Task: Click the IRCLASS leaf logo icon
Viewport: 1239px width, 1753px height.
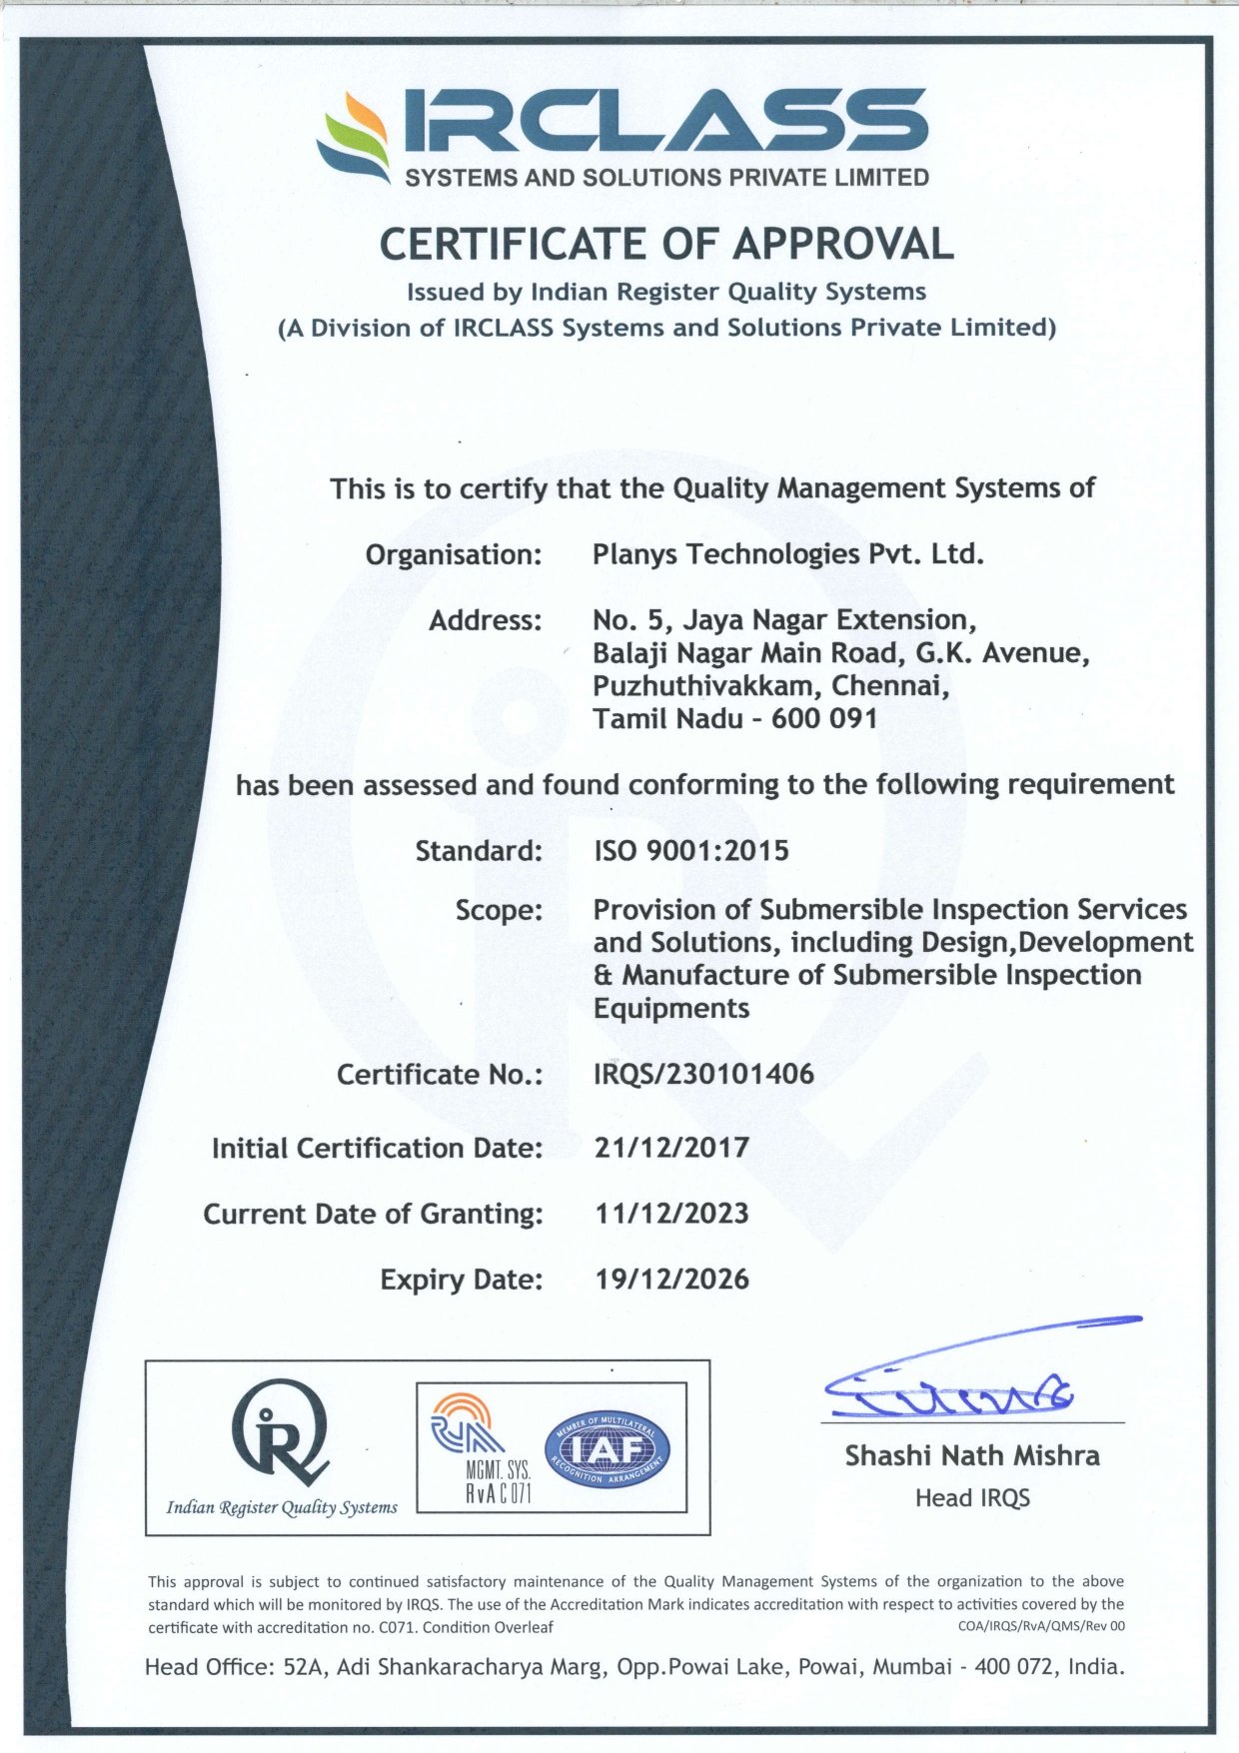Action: click(354, 137)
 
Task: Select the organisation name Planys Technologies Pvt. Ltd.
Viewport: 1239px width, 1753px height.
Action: click(787, 554)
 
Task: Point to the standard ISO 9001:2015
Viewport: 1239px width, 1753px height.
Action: click(691, 851)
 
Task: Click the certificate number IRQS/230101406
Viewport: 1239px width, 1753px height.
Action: click(703, 1075)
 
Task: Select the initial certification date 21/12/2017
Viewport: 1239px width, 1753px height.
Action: click(671, 1148)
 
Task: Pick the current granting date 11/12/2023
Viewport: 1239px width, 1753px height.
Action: click(671, 1214)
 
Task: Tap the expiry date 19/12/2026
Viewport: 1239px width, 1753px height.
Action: click(671, 1280)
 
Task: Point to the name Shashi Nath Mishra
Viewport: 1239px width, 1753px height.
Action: click(972, 1456)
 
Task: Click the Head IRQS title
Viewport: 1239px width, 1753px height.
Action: click(972, 1498)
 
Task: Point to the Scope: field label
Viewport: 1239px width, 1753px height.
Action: click(499, 911)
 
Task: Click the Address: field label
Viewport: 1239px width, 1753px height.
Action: click(486, 621)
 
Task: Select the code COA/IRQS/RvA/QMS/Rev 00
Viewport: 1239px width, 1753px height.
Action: click(1041, 1626)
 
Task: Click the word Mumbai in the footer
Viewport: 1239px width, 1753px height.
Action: click(912, 1667)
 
